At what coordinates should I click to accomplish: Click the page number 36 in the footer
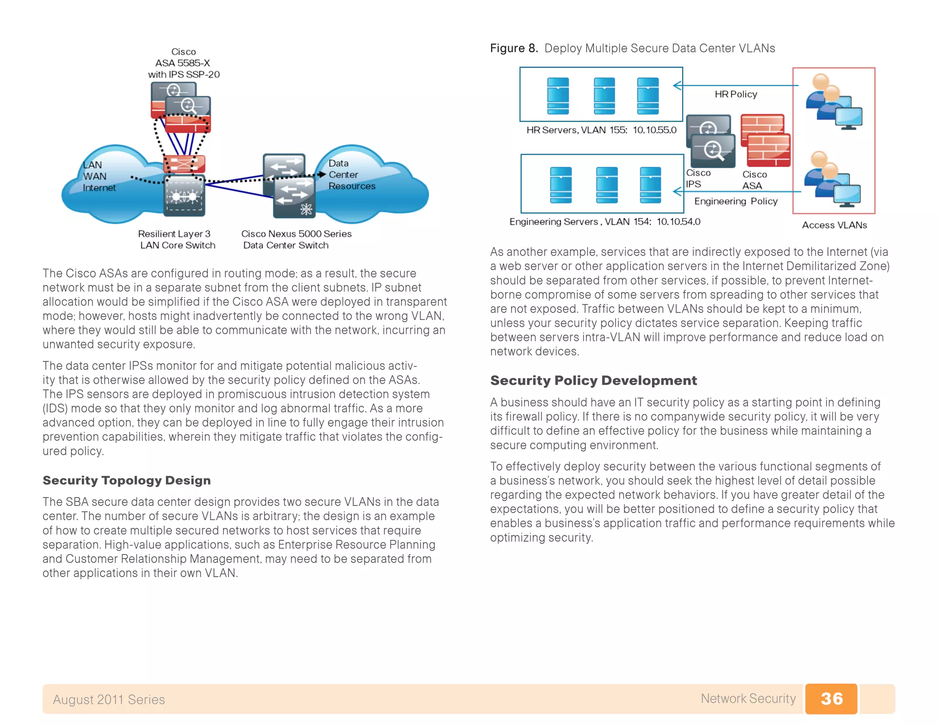pos(831,698)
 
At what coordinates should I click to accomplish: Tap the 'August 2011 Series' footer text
pos(109,699)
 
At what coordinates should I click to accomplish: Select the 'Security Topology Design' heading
pos(126,480)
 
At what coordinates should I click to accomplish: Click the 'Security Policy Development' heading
pos(593,380)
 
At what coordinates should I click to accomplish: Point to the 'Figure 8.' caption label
pos(513,48)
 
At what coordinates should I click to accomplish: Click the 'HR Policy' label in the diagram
pos(736,94)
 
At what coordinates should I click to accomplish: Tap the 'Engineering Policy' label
pos(736,201)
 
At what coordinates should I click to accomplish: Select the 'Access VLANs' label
pos(834,225)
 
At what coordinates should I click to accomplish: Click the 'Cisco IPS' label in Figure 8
pos(698,178)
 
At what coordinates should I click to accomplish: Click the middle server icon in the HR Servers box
pos(604,96)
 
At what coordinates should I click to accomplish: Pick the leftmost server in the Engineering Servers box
pos(561,185)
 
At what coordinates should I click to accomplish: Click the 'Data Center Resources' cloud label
pos(351,175)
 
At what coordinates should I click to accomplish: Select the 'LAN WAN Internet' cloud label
pos(98,176)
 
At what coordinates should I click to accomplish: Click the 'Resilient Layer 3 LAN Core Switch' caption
pos(177,239)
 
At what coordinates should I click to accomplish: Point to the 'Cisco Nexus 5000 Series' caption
pos(296,234)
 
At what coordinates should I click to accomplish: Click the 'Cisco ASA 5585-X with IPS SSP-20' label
pos(183,63)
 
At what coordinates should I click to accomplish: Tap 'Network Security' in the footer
pos(748,698)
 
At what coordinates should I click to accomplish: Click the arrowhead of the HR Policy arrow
pos(676,85)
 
